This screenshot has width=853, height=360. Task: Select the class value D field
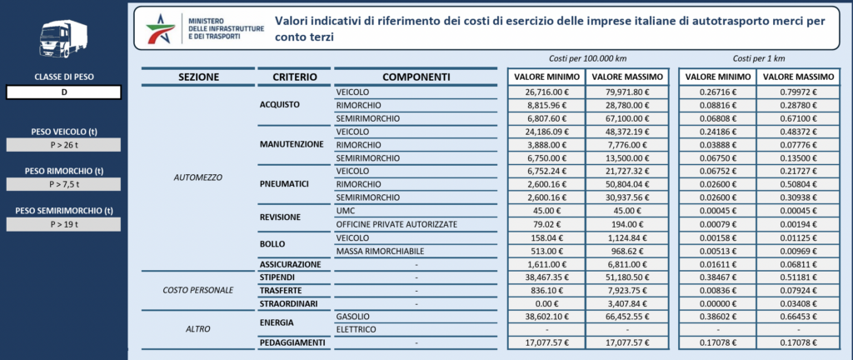[x=64, y=92]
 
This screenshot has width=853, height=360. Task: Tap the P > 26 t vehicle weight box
[x=64, y=145]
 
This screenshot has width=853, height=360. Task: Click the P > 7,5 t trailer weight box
[x=64, y=184]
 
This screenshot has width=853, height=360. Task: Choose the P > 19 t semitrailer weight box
[x=64, y=224]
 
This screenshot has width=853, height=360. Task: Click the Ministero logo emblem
[x=161, y=28]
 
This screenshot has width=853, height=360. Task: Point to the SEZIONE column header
[x=198, y=77]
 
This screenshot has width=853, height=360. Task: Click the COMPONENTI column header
[x=416, y=77]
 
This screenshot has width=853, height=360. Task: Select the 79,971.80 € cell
[x=625, y=91]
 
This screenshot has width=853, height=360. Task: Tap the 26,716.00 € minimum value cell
[x=546, y=91]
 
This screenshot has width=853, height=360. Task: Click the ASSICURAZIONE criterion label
[x=292, y=264]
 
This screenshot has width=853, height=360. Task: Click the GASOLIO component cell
[x=416, y=317]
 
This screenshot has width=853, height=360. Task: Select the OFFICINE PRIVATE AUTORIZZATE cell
[x=416, y=224]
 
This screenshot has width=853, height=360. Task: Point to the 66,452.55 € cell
[x=625, y=317]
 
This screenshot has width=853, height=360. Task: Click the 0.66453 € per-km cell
[x=799, y=317]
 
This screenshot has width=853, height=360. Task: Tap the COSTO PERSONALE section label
[x=198, y=290]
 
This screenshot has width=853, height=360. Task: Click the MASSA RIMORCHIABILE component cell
[x=416, y=251]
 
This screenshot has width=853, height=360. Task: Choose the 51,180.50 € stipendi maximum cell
[x=625, y=277]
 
